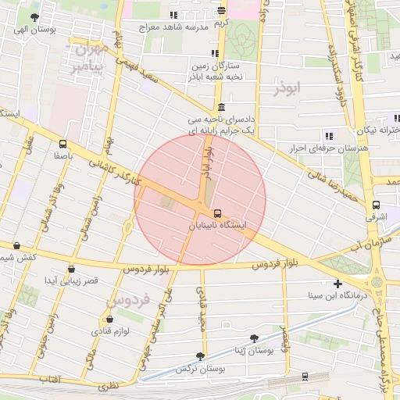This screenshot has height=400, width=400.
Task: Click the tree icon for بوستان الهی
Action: point(32,16)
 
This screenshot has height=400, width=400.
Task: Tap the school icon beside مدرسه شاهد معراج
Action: point(173,16)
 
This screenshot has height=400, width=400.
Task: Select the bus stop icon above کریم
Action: point(222,11)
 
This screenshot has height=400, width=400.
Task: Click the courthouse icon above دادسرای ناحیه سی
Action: point(222,108)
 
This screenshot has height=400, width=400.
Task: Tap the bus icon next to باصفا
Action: point(62,143)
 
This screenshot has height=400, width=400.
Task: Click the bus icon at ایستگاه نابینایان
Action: point(216,212)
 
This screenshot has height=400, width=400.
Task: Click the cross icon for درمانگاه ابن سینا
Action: point(337,284)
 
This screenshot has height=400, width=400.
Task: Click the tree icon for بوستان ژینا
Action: point(253,338)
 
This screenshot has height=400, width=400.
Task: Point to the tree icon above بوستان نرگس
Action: point(200,355)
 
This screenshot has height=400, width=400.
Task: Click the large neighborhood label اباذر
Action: point(287,89)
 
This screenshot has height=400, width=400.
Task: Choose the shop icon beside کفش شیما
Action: point(16,245)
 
